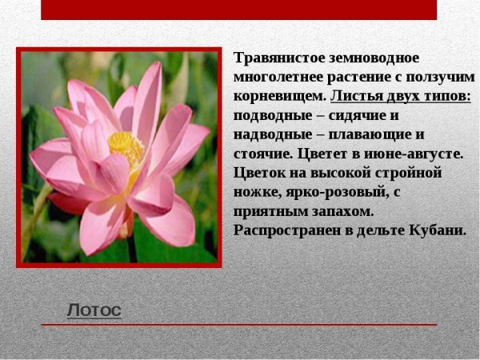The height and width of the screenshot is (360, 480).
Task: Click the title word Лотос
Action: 94,310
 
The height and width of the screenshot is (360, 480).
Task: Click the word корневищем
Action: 279,97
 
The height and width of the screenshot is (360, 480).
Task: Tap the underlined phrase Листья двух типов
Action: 401,97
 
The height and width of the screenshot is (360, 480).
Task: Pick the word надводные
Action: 273,134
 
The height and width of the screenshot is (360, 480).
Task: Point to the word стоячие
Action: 261,154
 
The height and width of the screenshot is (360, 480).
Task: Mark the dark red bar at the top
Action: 238,10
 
